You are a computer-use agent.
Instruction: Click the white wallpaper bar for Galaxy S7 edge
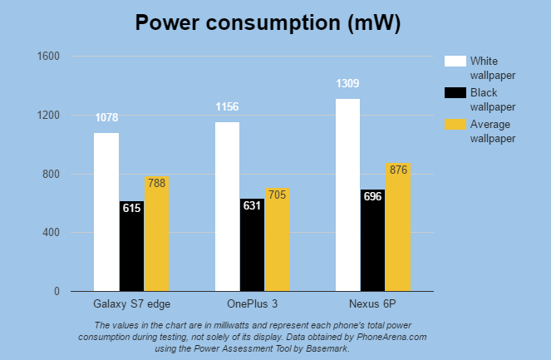[x=106, y=212]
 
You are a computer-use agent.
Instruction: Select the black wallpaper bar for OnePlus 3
[x=252, y=245]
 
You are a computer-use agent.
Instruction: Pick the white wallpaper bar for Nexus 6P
[x=348, y=195]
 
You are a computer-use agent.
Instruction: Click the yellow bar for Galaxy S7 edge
[x=156, y=234]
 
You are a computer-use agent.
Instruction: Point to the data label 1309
[x=348, y=84]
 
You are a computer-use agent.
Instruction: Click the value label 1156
[x=227, y=107]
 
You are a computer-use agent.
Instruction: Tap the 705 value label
[x=277, y=195]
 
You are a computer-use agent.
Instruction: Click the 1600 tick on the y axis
[x=49, y=57]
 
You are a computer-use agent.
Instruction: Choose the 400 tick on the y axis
[x=52, y=233]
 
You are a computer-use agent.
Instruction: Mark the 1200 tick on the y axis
[x=49, y=115]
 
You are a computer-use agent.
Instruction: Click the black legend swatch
[x=455, y=92]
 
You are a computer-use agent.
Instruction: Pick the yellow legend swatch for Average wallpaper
[x=455, y=125]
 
